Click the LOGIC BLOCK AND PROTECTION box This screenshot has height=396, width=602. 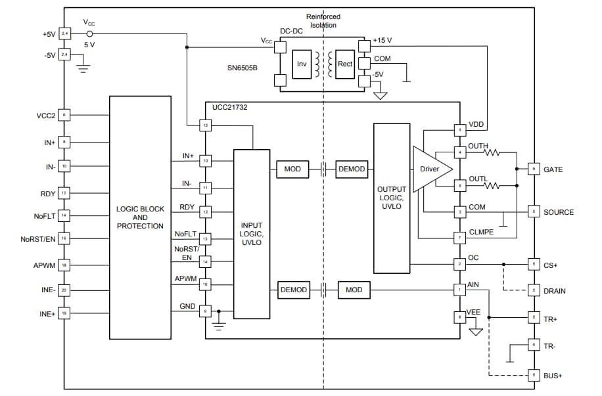(141, 217)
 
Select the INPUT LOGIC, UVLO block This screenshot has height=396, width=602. (252, 234)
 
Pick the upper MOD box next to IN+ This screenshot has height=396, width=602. (292, 169)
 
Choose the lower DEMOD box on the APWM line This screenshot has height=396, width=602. (293, 290)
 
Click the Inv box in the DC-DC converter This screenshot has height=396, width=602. (302, 64)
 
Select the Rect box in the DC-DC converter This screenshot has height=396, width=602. (344, 64)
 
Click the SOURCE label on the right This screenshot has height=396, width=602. (558, 212)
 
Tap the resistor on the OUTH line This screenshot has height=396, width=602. (492, 153)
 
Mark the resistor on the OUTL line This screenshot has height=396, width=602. (492, 186)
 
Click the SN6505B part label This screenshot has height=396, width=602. (242, 68)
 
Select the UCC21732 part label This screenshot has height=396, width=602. (230, 107)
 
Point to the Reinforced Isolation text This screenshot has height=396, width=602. (323, 20)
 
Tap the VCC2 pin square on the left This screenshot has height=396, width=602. (64, 115)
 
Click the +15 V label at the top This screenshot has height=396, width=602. (382, 41)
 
